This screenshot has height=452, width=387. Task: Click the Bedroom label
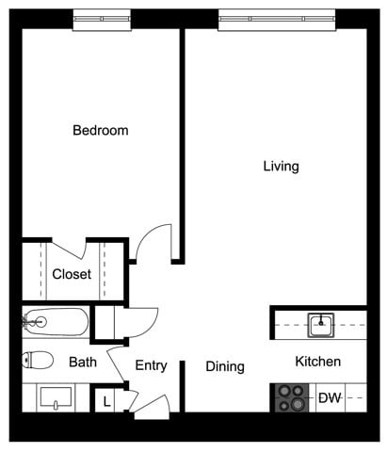click(100, 130)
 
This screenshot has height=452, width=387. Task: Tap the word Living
click(281, 167)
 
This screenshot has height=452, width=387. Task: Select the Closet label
click(72, 275)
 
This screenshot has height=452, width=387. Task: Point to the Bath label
click(82, 362)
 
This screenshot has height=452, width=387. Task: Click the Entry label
click(151, 365)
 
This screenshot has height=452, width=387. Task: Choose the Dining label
click(225, 366)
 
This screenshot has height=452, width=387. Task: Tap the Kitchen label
click(317, 362)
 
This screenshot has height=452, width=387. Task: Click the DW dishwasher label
click(329, 398)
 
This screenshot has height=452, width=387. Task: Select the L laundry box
click(106, 401)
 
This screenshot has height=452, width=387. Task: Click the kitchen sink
click(320, 326)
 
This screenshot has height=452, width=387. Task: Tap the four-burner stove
click(292, 398)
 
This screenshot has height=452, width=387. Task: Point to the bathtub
click(56, 323)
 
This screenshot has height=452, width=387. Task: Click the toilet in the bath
click(39, 360)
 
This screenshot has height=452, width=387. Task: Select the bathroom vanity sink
click(57, 398)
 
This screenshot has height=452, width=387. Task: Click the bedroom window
click(101, 17)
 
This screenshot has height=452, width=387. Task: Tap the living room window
click(277, 17)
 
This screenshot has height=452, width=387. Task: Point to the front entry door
click(151, 406)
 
